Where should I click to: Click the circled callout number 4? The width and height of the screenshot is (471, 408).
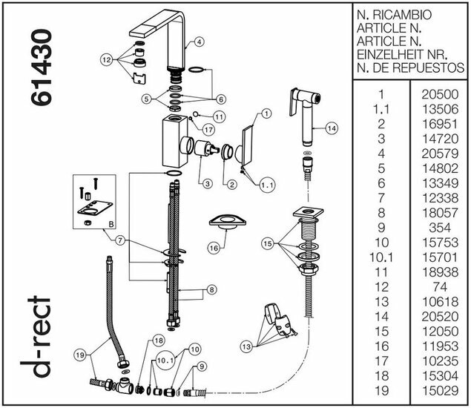[200, 42]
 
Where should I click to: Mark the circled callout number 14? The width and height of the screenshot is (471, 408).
[331, 128]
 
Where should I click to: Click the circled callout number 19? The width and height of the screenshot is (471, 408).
[82, 355]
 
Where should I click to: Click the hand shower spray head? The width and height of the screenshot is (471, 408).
[300, 107]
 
